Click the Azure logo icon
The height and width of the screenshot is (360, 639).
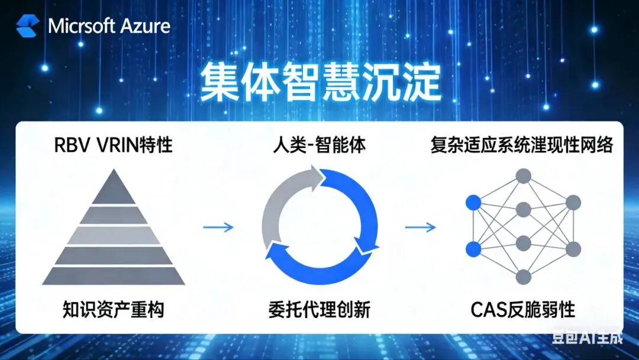click(x=27, y=25)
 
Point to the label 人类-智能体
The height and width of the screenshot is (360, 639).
click(x=320, y=144)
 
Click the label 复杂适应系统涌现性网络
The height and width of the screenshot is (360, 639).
click(x=521, y=144)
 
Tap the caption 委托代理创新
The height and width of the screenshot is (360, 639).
click(x=320, y=308)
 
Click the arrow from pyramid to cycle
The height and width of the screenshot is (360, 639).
click(x=218, y=227)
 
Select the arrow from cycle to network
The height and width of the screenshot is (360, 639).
click(x=421, y=227)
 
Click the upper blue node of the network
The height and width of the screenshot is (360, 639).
click(x=472, y=203)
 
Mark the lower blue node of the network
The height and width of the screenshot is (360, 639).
click(x=472, y=249)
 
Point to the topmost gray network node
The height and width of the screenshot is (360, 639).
click(x=522, y=175)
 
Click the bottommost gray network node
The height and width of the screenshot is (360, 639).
click(x=522, y=277)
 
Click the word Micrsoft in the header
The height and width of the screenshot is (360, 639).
click(x=82, y=26)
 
